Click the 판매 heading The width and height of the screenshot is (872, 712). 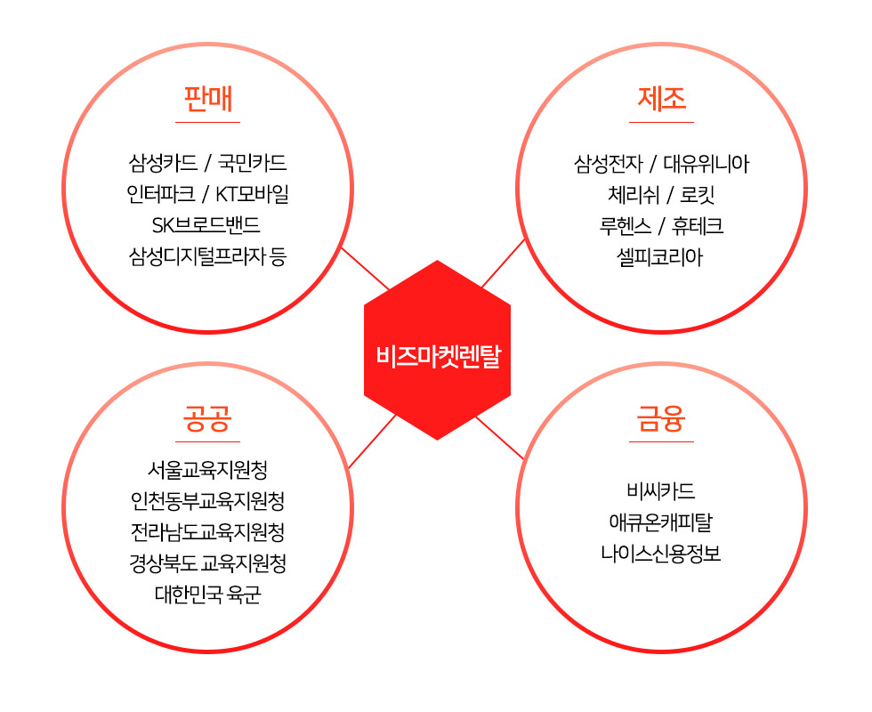(x=208, y=100)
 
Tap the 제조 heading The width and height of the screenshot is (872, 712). (x=661, y=99)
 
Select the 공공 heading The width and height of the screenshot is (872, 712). (x=207, y=419)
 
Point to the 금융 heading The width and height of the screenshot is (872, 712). (x=661, y=419)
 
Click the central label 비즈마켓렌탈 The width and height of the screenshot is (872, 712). (x=439, y=356)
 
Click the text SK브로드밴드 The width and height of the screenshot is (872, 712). (x=206, y=224)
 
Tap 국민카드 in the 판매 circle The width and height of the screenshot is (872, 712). (x=253, y=162)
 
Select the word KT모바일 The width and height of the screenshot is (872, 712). (x=252, y=194)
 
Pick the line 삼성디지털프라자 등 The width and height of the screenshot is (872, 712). (x=207, y=256)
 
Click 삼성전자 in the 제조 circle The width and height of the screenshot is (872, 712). (x=609, y=164)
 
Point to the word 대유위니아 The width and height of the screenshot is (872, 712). (x=706, y=164)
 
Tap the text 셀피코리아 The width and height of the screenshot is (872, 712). (x=660, y=257)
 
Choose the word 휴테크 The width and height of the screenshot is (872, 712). (x=698, y=226)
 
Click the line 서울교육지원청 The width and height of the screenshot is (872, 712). (x=207, y=470)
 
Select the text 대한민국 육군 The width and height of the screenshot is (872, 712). (x=208, y=595)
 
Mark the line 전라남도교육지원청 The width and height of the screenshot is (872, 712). (x=208, y=532)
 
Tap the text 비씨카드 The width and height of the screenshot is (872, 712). (x=661, y=490)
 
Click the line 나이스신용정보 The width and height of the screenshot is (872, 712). (x=660, y=553)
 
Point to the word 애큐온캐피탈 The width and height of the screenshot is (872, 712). (x=660, y=522)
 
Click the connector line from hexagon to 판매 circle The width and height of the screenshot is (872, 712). (x=366, y=269)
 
